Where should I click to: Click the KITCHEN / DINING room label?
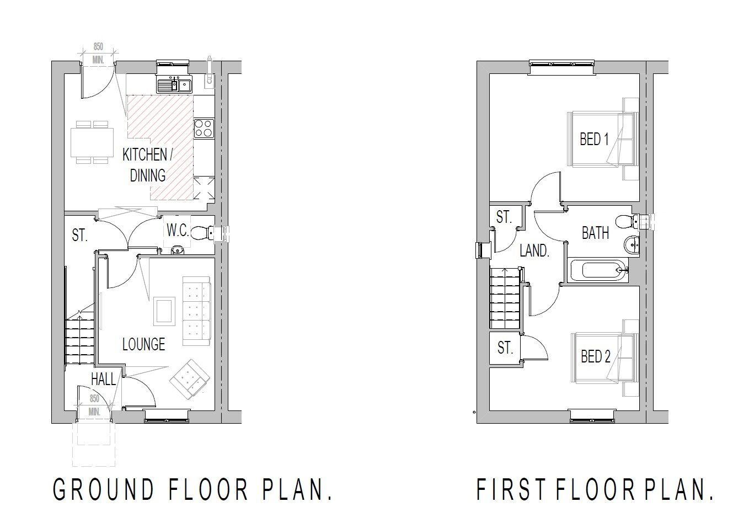click(147, 164)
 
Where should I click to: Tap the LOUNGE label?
click(143, 345)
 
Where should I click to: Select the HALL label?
click(103, 379)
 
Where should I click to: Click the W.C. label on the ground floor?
click(178, 231)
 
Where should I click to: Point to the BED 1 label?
click(594, 139)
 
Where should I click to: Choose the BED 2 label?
click(596, 356)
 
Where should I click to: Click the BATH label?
click(596, 233)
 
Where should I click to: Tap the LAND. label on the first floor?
click(534, 252)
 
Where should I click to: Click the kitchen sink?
click(174, 86)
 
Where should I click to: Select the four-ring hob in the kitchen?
click(204, 128)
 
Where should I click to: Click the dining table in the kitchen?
click(92, 142)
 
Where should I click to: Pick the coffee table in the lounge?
click(164, 310)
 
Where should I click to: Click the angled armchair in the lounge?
click(190, 380)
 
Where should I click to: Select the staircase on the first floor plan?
click(505, 298)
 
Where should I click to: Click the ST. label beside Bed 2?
click(505, 348)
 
